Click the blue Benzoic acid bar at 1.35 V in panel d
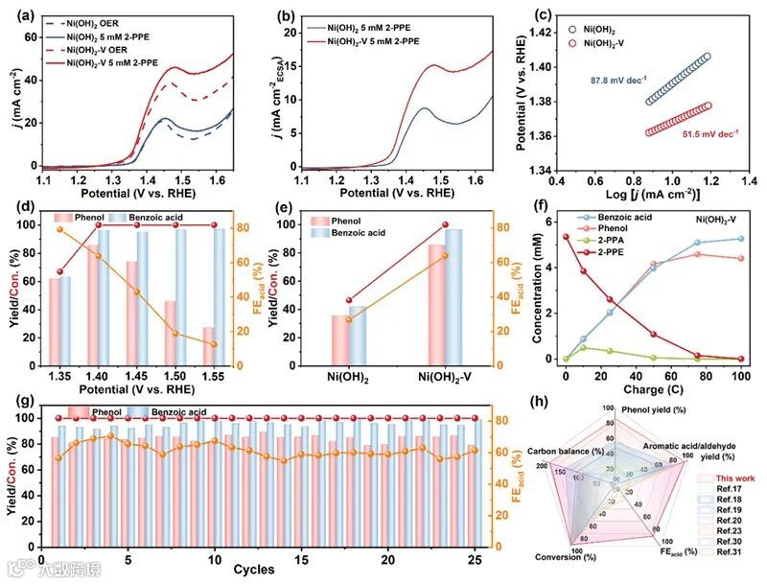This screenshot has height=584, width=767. (64, 321)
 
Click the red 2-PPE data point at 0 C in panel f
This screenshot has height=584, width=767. (567, 237)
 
